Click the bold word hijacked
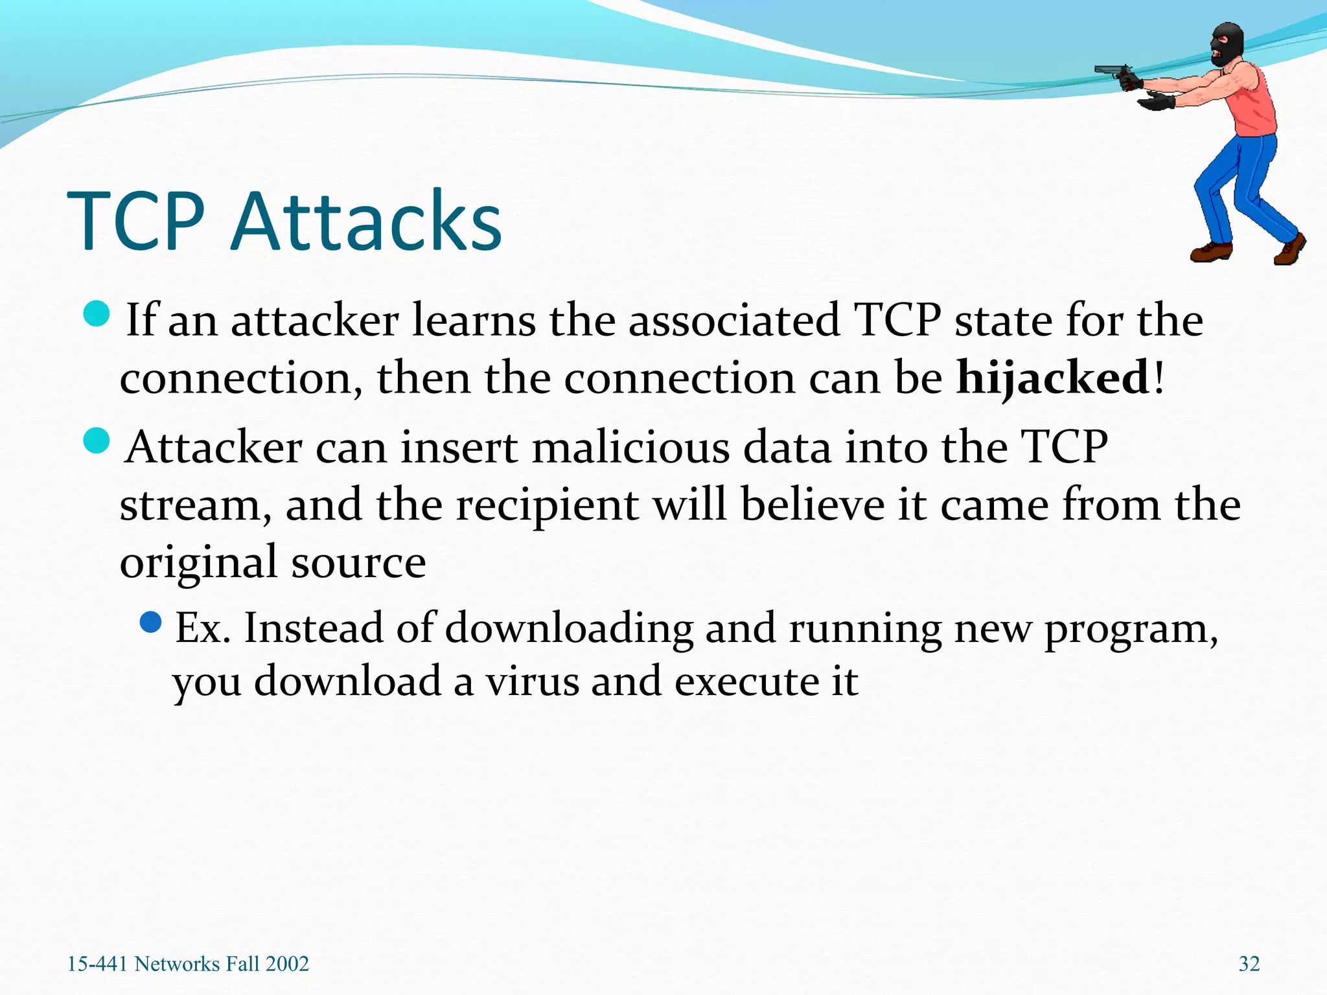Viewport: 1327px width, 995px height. coord(1053,378)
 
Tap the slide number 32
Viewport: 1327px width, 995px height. coord(1249,964)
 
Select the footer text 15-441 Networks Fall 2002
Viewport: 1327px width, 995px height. coord(188,964)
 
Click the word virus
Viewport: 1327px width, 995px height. coord(532,682)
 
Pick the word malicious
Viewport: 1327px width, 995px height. coord(630,448)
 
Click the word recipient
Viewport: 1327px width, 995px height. coord(548,506)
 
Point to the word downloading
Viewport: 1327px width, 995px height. coord(569,628)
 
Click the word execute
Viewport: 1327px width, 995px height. coord(746,682)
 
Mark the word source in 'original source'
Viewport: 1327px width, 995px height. coord(358,562)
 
